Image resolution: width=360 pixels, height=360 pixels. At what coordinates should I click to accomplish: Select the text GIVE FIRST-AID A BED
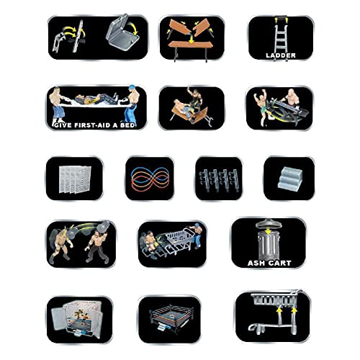pos(96,124)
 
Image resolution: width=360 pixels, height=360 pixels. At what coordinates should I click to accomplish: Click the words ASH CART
pos(269,262)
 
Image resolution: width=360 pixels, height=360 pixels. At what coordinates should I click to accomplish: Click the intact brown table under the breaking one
pos(189,45)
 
